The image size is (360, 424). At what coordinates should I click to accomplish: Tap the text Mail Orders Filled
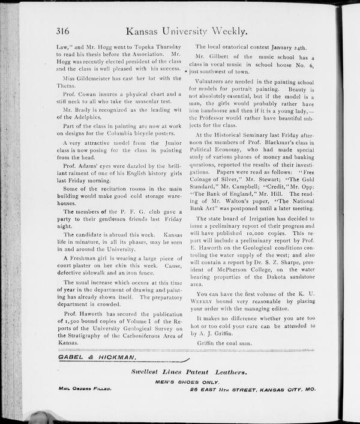pyautogui.click(x=85, y=389)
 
